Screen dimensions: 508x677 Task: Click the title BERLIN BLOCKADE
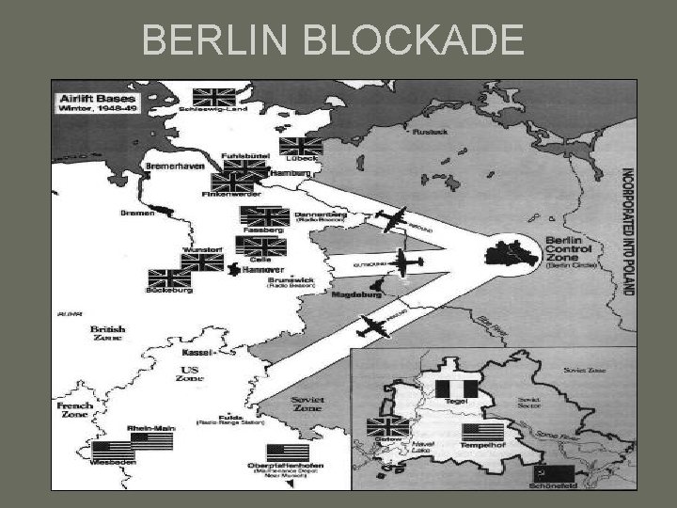(334, 40)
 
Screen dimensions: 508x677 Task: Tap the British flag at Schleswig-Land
(213, 97)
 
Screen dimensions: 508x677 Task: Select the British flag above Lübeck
(301, 147)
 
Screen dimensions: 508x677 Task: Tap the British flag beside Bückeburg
(169, 279)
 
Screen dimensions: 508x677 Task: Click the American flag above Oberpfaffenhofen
(288, 452)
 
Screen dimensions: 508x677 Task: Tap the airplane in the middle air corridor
(405, 264)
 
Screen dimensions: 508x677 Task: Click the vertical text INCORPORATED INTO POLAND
(626, 231)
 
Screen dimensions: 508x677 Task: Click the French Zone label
(74, 411)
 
